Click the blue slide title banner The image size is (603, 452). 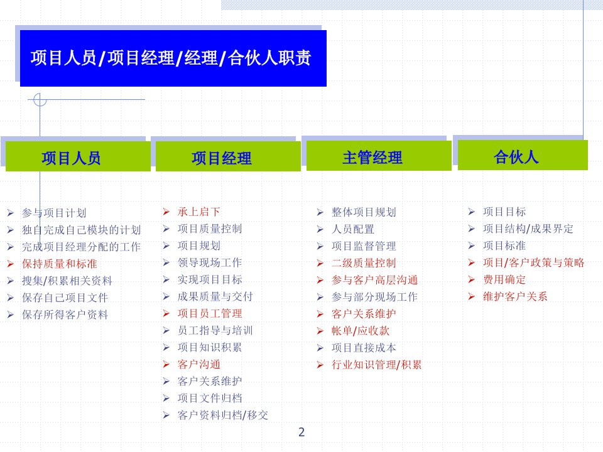click(173, 58)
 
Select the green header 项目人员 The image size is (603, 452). click(78, 156)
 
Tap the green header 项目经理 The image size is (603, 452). click(228, 156)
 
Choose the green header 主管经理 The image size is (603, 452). click(379, 156)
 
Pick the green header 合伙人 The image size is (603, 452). click(523, 155)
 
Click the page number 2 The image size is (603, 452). click(301, 432)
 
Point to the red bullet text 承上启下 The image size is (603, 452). click(199, 212)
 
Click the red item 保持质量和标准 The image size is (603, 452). click(60, 264)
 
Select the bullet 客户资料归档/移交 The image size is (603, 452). click(222, 415)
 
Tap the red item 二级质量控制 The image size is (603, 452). click(364, 263)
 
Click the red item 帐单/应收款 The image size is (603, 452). click(361, 331)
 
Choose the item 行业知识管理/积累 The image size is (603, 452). click(376, 364)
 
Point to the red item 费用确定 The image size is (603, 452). click(504, 279)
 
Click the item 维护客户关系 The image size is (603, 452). click(515, 296)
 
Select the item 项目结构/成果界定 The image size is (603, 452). click(528, 229)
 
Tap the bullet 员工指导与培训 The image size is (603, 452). click(215, 331)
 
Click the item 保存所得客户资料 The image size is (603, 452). click(65, 315)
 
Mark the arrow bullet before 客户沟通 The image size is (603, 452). click(166, 364)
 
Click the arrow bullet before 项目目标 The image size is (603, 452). click(472, 212)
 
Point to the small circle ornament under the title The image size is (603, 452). click(40, 100)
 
